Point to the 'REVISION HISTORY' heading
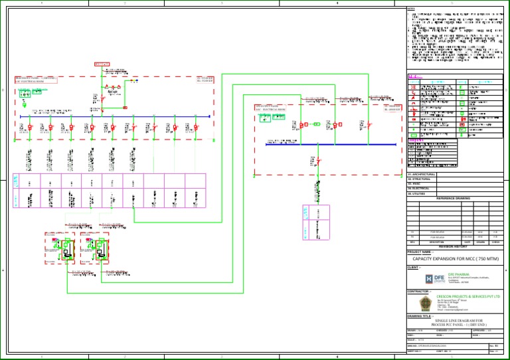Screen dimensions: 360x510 click(454, 246)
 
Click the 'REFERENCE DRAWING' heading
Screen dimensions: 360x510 click(454, 199)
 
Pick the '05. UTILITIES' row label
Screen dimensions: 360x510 click(416, 193)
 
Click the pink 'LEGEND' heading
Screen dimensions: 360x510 click(416, 76)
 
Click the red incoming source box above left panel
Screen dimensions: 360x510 click(102, 64)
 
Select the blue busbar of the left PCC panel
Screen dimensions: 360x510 click(113, 117)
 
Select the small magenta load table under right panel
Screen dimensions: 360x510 click(317, 222)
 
